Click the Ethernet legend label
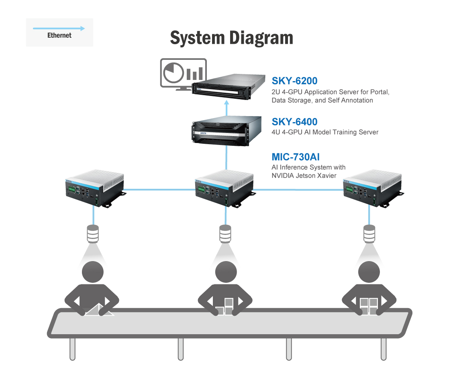[59, 35]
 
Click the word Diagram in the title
[261, 38]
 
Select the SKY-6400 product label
[295, 121]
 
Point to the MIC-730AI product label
[296, 157]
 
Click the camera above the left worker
[93, 234]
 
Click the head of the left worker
[93, 273]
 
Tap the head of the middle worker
[226, 273]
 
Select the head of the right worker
[368, 273]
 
